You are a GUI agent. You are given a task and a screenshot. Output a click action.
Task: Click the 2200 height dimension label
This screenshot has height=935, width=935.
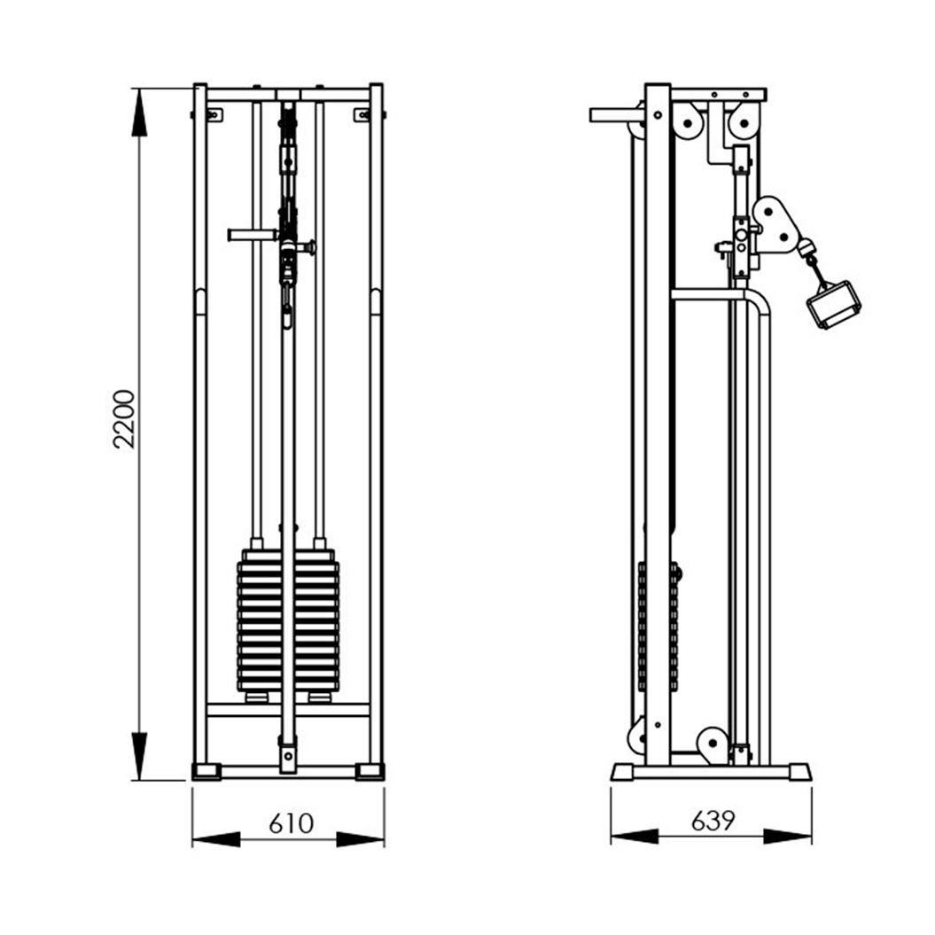pyautogui.click(x=124, y=418)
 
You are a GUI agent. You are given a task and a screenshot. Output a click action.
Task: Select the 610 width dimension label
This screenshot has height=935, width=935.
pyautogui.click(x=291, y=823)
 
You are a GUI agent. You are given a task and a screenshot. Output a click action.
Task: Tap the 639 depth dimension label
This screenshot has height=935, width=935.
pyautogui.click(x=713, y=821)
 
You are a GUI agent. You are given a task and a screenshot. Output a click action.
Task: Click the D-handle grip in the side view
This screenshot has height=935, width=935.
pyautogui.click(x=834, y=305)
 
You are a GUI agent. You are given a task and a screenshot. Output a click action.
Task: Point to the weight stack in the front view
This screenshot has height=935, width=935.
pyautogui.click(x=288, y=620)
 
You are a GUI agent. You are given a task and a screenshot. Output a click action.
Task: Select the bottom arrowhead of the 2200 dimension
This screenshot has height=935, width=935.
pyautogui.click(x=139, y=756)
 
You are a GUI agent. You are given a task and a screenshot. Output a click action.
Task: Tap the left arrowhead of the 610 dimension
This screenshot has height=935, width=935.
pyautogui.click(x=216, y=839)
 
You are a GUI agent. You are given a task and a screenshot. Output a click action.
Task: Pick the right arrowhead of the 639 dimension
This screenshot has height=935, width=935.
pyautogui.click(x=787, y=837)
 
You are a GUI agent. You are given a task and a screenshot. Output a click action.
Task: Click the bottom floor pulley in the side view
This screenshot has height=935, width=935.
pyautogui.click(x=713, y=744)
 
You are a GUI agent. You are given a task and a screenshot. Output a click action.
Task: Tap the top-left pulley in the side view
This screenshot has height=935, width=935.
pyautogui.click(x=688, y=123)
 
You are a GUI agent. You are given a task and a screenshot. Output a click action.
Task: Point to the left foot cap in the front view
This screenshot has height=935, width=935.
pyautogui.click(x=206, y=771)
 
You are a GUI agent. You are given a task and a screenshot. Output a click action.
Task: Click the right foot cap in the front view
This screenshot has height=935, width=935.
pyautogui.click(x=370, y=771)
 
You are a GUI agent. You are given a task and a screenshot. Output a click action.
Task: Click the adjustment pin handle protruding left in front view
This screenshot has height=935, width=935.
pyautogui.click(x=253, y=235)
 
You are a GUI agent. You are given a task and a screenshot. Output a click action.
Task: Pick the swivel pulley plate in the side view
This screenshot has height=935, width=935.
pyautogui.click(x=776, y=225)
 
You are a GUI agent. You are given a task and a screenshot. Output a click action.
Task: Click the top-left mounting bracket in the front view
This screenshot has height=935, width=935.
pyautogui.click(x=213, y=114)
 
